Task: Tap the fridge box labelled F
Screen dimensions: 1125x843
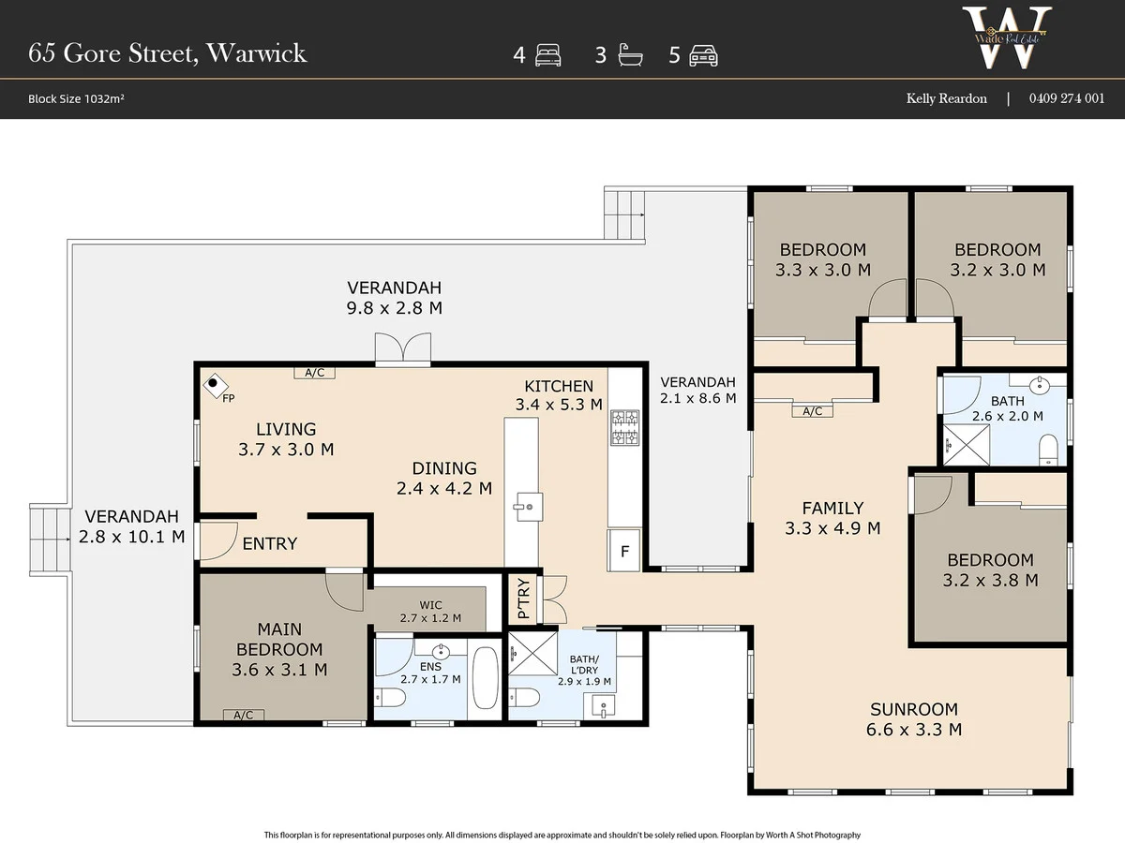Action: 623,551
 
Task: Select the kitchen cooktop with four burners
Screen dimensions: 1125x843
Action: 624,427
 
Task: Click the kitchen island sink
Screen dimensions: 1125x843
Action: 528,507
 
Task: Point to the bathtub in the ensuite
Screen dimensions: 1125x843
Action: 485,678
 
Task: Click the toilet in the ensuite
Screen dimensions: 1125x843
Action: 390,697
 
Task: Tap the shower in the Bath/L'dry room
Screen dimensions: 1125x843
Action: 532,654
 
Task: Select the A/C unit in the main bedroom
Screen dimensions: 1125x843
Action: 244,715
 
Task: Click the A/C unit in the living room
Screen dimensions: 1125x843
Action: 314,373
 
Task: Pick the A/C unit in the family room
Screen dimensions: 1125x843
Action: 812,411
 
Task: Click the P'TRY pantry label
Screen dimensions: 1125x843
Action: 523,599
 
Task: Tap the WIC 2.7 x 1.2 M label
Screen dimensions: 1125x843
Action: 430,611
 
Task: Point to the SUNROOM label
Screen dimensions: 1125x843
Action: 914,709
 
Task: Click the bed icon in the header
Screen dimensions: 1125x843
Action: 547,55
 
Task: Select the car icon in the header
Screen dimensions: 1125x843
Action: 703,55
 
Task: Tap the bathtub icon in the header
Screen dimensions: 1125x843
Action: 630,55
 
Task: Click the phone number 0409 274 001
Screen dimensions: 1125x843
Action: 1067,98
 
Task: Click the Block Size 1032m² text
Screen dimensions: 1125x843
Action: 76,98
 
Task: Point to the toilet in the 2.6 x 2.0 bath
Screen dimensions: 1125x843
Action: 1047,449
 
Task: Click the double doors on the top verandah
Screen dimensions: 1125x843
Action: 403,349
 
